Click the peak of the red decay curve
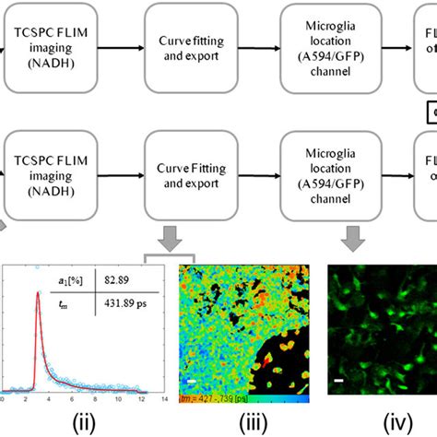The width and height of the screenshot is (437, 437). [x=38, y=294]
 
